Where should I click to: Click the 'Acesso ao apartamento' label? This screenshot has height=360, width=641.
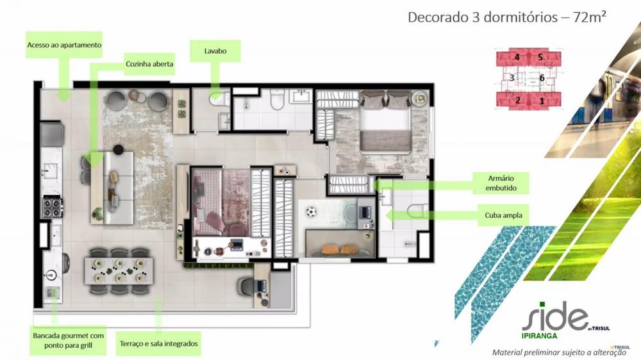coord(64,45)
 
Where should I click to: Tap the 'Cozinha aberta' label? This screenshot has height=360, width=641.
coord(149,64)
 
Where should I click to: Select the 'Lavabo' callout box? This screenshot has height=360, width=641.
coord(215,51)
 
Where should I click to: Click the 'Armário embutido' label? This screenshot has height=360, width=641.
coord(501,183)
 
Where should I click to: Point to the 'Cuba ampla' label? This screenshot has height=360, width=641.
coord(503,215)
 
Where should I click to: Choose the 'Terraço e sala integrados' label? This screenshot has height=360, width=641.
coord(158,343)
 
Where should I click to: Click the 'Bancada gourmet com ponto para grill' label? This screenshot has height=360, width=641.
coord(69,340)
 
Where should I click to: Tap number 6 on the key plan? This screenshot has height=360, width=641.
coord(542,78)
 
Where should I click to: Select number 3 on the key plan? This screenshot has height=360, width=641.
coord(512,78)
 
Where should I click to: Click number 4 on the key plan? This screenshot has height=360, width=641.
coord(517,57)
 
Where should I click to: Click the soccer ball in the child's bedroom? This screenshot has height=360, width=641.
coord(311,212)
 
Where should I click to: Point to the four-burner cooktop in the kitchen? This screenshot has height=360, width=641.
coord(52,207)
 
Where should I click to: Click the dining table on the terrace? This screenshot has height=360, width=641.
coord(119,270)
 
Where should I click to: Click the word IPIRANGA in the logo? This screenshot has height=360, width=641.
coord(540,336)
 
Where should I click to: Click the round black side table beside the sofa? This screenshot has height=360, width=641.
coord(118,149)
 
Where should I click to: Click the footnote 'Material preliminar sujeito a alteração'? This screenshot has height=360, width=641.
coord(559,352)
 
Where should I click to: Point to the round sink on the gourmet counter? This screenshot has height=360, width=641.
coord(51,275)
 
